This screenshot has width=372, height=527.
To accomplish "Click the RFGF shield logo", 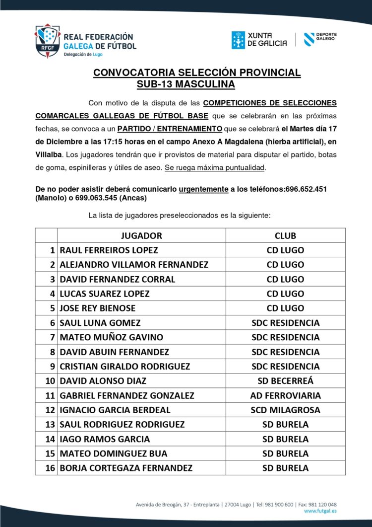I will point(47,41).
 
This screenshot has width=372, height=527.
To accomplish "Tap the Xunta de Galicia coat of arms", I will point(238,40).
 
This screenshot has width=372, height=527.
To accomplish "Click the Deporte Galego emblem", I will point(309,39).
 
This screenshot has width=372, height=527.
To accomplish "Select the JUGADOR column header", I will point(141,235).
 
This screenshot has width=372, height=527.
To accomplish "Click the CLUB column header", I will point(285,235).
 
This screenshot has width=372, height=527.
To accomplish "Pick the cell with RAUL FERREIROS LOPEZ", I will point(109,250).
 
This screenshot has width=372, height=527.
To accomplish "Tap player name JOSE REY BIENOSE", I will point(97,308).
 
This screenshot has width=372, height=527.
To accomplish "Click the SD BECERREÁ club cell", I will point(285,381).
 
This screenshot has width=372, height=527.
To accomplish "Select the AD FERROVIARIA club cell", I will point(285,395).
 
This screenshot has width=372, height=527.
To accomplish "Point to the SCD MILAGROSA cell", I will point(285,410).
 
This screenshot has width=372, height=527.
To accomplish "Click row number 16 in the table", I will point(50,468).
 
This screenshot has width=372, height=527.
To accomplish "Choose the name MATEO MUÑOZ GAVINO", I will point(111,337).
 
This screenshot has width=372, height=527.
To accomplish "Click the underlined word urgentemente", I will point(203,189).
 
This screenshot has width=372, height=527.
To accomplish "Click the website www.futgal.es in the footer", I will point(320,510).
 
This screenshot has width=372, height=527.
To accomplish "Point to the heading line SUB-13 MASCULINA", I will point(186,84).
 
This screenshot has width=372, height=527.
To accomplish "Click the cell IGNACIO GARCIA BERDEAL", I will point(115,410).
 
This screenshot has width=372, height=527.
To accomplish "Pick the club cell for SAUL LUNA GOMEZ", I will point(285,323).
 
